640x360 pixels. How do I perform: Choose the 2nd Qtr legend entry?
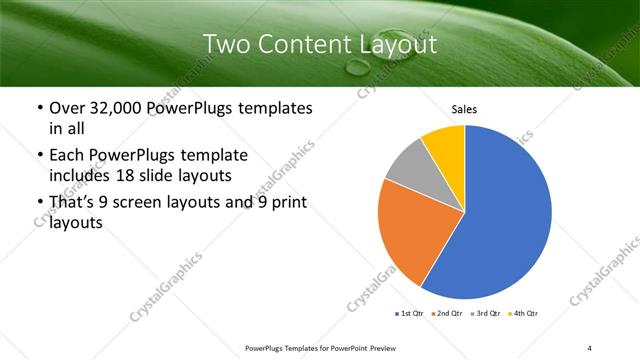coord(445,313)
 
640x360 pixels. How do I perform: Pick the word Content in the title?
coord(298,44)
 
